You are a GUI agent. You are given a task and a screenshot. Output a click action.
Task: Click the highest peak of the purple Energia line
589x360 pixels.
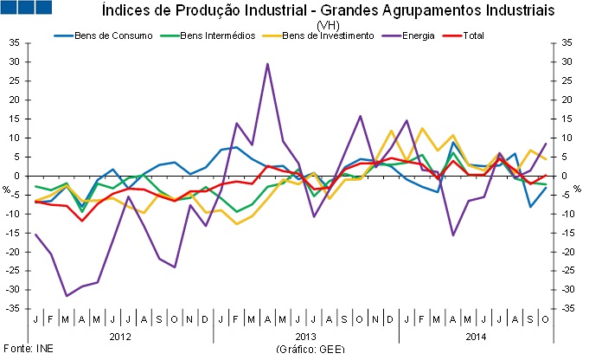(267, 64)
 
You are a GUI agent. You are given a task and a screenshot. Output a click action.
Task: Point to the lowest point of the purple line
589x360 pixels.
(67, 296)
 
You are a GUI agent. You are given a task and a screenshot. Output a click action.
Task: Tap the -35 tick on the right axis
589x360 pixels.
(567, 309)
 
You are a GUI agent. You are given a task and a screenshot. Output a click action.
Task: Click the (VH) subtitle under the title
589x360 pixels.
(329, 25)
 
